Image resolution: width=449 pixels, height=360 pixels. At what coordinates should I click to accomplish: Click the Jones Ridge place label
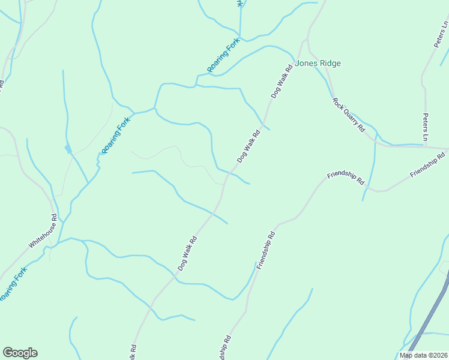point(318,63)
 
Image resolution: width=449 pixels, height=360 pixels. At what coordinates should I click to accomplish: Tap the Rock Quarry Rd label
point(348,115)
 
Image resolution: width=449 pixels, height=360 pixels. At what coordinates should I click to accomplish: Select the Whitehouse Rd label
point(43,232)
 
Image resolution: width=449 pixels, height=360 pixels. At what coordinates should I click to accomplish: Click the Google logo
point(20,353)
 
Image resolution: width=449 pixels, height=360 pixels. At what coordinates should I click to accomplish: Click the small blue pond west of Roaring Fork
point(67,148)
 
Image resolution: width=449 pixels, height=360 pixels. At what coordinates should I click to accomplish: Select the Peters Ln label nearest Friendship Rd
point(426,128)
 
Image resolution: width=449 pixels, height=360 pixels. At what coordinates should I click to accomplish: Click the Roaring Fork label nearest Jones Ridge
point(223,55)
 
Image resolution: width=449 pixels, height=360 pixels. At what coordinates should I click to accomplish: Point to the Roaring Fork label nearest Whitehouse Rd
point(13,284)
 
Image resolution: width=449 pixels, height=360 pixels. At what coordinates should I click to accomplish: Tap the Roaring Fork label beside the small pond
point(115,135)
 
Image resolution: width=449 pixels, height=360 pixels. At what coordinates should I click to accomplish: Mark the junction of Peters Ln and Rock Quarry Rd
point(427,146)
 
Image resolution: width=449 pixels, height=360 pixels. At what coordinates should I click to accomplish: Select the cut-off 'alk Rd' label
point(133,352)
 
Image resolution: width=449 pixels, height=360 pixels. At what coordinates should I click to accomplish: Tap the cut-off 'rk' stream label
point(240,3)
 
